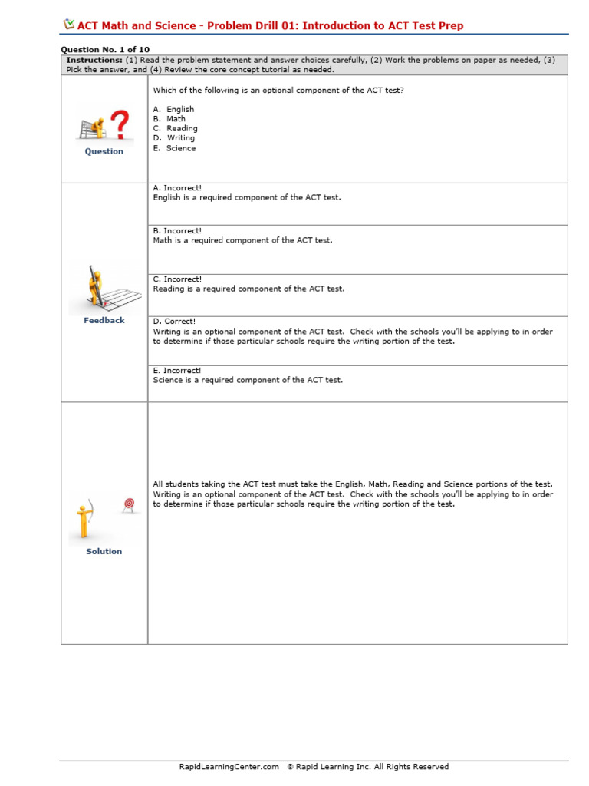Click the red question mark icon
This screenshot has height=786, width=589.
pos(119,124)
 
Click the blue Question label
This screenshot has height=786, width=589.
pos(104,151)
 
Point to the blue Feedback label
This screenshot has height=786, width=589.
pos(104,320)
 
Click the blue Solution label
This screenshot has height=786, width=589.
pos(104,551)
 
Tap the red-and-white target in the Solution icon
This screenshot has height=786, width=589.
pos(129,504)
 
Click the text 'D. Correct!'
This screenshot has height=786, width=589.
pos(174,322)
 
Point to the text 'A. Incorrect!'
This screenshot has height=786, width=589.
pos(177,187)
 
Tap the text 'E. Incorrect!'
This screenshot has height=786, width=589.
pos(177,370)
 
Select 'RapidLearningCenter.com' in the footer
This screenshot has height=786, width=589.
pos(229,766)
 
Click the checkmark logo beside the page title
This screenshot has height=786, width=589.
pos(68,25)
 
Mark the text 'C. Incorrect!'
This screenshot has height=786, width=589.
pos(177,279)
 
